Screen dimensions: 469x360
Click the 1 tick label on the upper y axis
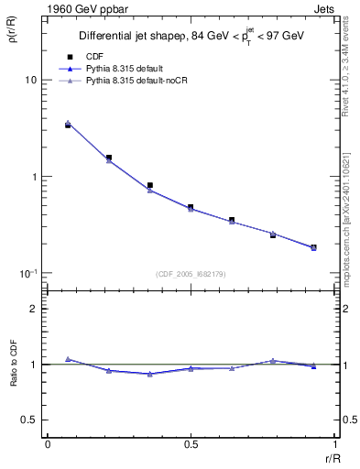33,177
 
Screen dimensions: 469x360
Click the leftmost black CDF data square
68,125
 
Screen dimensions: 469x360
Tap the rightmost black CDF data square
313,247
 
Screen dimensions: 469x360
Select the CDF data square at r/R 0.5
191,207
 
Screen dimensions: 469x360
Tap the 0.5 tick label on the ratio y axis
29,420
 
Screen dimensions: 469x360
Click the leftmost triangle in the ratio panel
68,359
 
